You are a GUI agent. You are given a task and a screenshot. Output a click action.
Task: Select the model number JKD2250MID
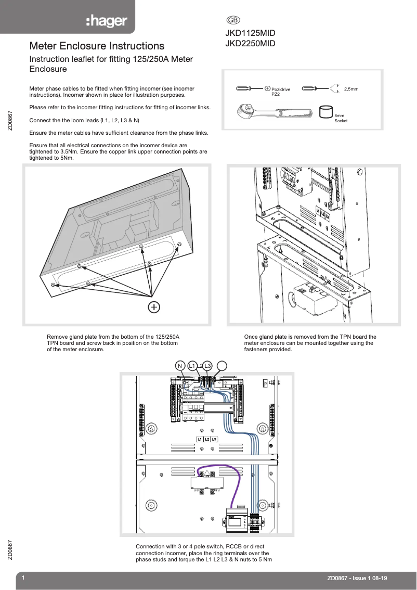[250, 44]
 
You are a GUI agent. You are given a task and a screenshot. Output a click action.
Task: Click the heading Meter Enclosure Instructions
[97, 46]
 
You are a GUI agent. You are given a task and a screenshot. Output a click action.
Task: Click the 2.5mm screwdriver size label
[351, 89]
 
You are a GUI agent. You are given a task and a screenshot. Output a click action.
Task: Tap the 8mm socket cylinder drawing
[325, 112]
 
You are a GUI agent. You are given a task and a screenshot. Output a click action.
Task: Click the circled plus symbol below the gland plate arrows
[153, 307]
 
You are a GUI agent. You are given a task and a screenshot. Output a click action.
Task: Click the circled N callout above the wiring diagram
[180, 366]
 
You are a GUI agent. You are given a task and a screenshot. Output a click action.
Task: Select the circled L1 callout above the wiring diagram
[192, 366]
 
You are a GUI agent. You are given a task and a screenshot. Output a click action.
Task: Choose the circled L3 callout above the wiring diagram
[207, 366]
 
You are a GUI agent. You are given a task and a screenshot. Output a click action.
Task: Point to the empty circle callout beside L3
[221, 366]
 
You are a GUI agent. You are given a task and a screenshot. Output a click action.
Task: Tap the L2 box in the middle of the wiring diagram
[207, 439]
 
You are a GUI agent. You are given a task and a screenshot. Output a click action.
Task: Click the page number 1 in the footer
[23, 578]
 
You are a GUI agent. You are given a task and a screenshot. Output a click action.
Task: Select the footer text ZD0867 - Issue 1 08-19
[357, 578]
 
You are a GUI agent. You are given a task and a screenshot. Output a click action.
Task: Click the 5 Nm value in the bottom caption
[266, 560]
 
